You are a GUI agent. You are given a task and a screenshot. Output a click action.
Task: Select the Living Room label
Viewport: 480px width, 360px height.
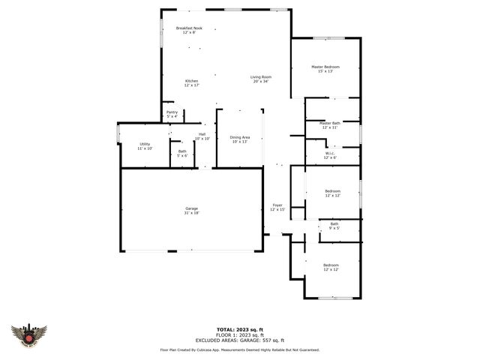[260, 78]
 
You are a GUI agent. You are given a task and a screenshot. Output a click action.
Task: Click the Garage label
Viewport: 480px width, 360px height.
[192, 210]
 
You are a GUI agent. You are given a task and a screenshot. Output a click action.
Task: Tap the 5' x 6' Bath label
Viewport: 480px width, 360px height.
[182, 153]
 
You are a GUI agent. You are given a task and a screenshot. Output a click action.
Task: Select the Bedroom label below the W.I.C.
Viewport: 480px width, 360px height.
[332, 193]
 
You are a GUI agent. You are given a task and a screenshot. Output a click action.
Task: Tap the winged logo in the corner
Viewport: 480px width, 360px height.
[29, 335]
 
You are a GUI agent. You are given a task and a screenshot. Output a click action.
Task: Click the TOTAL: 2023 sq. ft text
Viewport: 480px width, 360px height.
[240, 329]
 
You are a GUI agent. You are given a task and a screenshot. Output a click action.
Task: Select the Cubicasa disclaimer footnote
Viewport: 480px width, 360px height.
[240, 349]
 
